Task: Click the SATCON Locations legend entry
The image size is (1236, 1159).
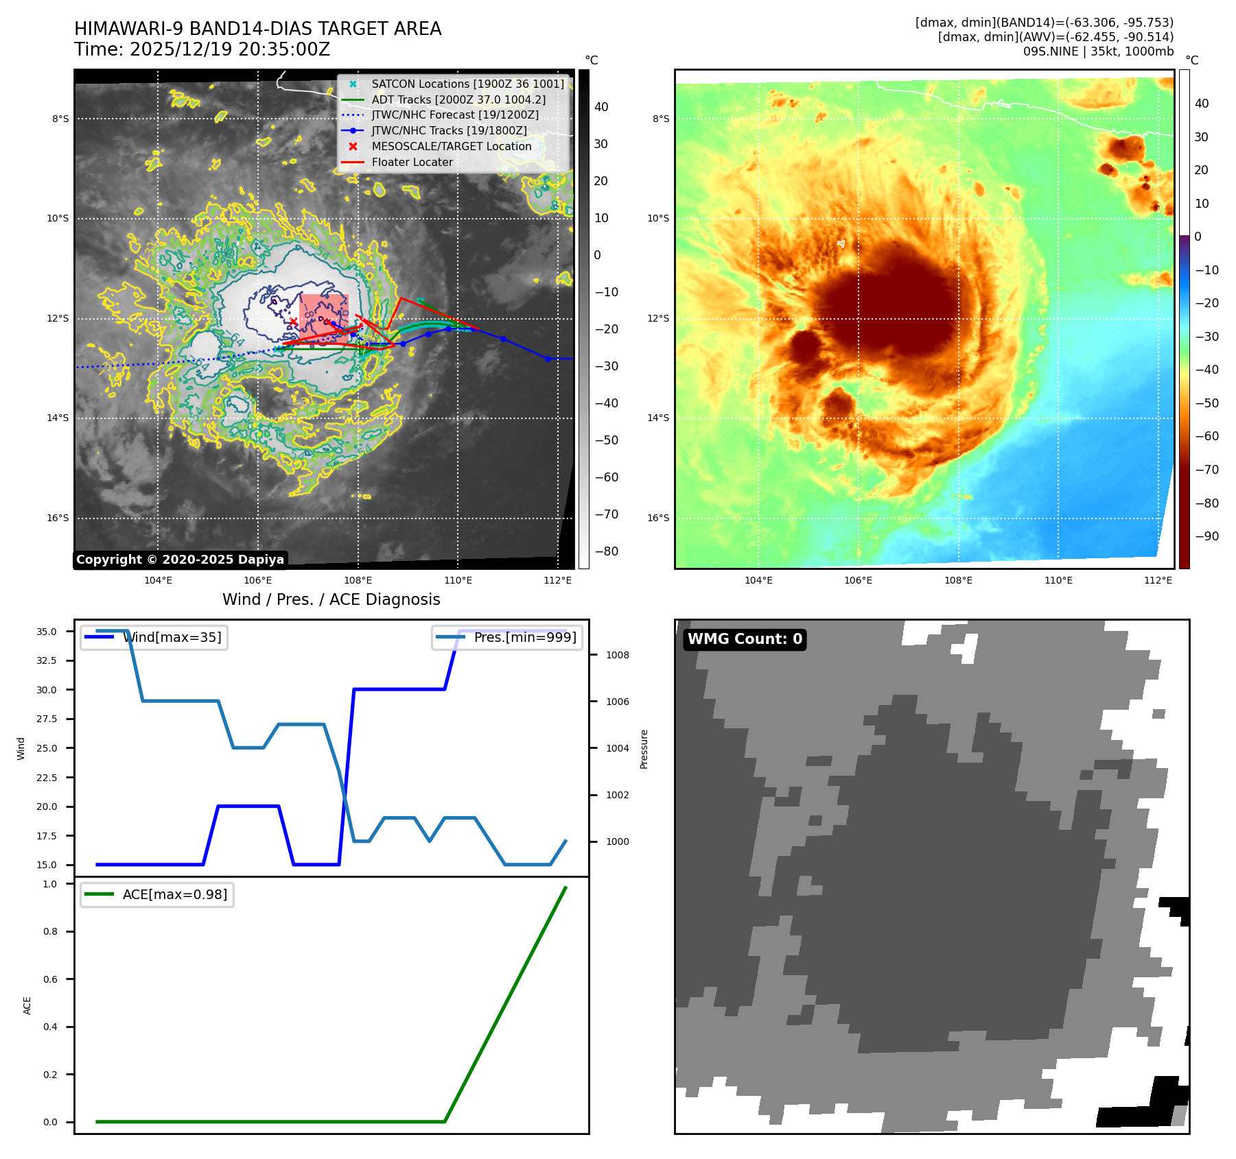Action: pos(467,84)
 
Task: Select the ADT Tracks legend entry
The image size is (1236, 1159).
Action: pos(458,99)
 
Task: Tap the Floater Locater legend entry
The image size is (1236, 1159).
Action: pos(412,162)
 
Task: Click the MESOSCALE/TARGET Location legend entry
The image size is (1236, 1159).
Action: pos(451,146)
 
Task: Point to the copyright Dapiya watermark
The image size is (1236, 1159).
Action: pos(180,560)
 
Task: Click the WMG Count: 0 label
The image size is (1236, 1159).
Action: pos(745,639)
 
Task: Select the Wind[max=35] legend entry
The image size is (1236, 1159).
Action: pos(172,637)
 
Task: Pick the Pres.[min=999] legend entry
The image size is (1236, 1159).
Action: pos(525,637)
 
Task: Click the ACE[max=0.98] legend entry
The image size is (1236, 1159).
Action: pos(174,894)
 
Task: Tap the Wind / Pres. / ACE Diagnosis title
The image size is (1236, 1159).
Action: pos(331,599)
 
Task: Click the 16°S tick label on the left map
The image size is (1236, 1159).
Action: pos(58,518)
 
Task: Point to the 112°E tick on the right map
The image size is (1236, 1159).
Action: pos(1158,580)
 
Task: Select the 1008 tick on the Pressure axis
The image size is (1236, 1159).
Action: pos(617,655)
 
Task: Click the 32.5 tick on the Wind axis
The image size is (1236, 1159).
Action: pos(47,660)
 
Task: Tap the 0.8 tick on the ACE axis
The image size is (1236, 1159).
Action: pos(50,931)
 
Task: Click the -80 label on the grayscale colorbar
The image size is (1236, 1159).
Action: pos(606,551)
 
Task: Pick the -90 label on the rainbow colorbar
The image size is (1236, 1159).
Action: pos(1206,536)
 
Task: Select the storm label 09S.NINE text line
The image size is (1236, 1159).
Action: pos(1098,51)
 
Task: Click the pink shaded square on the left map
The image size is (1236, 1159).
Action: pos(324,318)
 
